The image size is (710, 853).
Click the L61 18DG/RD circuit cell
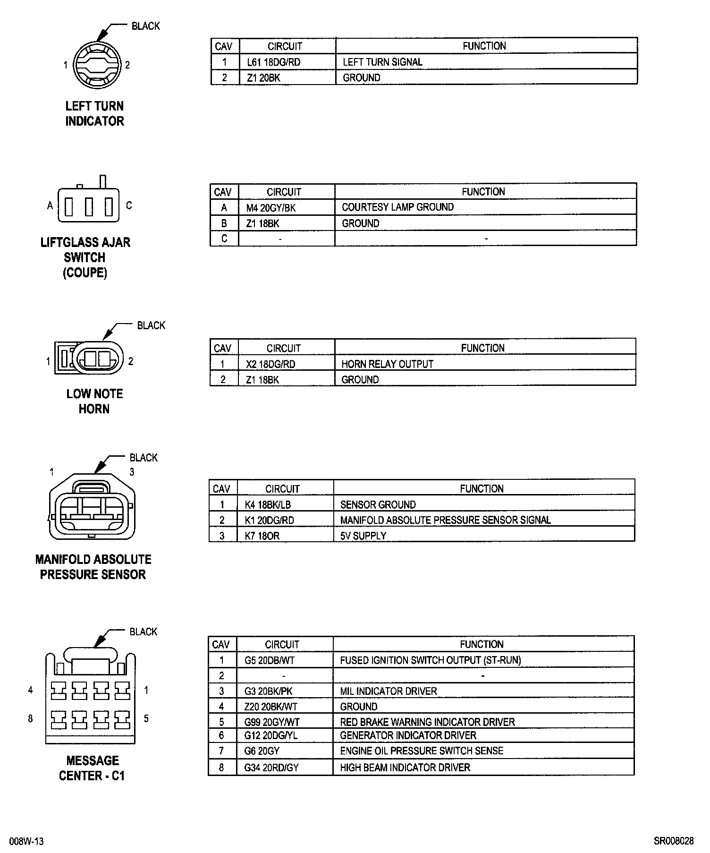point(273,62)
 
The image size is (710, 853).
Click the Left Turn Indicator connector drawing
point(96,65)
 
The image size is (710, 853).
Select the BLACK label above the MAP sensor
point(144,458)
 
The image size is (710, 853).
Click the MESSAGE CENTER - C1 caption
point(93,768)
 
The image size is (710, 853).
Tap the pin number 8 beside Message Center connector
point(31,718)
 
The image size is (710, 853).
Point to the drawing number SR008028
point(674,841)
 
